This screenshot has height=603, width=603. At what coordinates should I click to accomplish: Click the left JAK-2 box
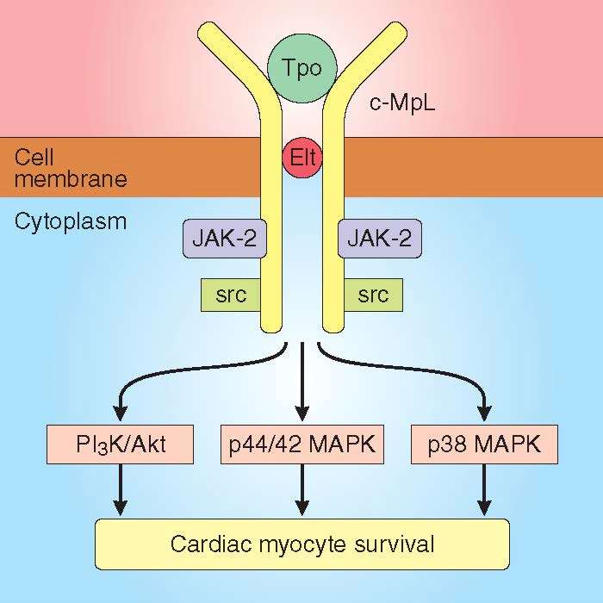tap(224, 238)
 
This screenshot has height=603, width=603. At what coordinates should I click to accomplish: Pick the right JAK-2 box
tap(379, 238)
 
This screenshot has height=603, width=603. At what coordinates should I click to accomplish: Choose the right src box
tap(373, 295)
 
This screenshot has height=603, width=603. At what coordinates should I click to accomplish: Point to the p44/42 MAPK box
tap(301, 445)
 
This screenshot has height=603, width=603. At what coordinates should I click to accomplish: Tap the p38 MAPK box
tap(485, 445)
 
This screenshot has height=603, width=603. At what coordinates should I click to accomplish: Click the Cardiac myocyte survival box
tap(301, 544)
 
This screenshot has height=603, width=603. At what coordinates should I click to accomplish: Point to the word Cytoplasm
tap(71, 221)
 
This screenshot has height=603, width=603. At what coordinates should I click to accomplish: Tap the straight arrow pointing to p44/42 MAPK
tap(301, 379)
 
